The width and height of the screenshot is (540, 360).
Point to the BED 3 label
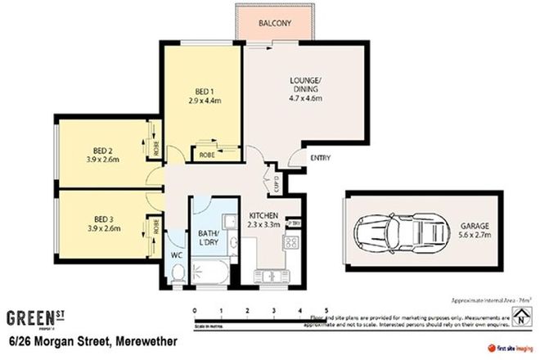pyautogui.click(x=102, y=218)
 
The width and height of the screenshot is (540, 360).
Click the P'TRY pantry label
pyautogui.click(x=295, y=223)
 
